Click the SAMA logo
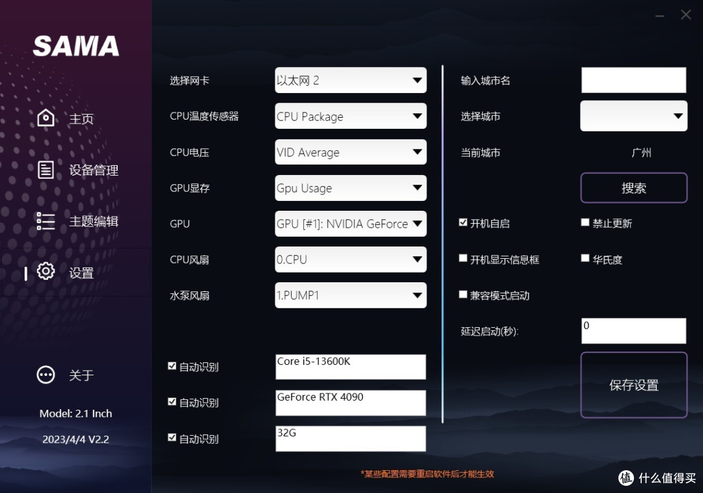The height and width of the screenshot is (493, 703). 76,46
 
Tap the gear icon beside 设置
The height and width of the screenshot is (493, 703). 46,271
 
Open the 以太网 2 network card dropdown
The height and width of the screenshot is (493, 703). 351,80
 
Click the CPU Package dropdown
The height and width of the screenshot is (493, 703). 351,116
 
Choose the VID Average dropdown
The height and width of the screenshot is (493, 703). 351,152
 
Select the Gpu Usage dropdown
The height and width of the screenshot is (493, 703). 351,187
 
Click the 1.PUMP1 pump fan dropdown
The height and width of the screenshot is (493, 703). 351,295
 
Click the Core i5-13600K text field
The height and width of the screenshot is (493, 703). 351,367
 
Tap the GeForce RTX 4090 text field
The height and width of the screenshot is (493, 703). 351,403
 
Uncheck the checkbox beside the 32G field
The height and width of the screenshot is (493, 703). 172,438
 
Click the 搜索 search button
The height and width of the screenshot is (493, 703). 633,187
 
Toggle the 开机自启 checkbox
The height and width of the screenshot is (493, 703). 463,222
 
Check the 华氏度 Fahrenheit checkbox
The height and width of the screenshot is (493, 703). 585,258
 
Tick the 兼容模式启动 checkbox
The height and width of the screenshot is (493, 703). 463,294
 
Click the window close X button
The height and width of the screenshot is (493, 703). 686,15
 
